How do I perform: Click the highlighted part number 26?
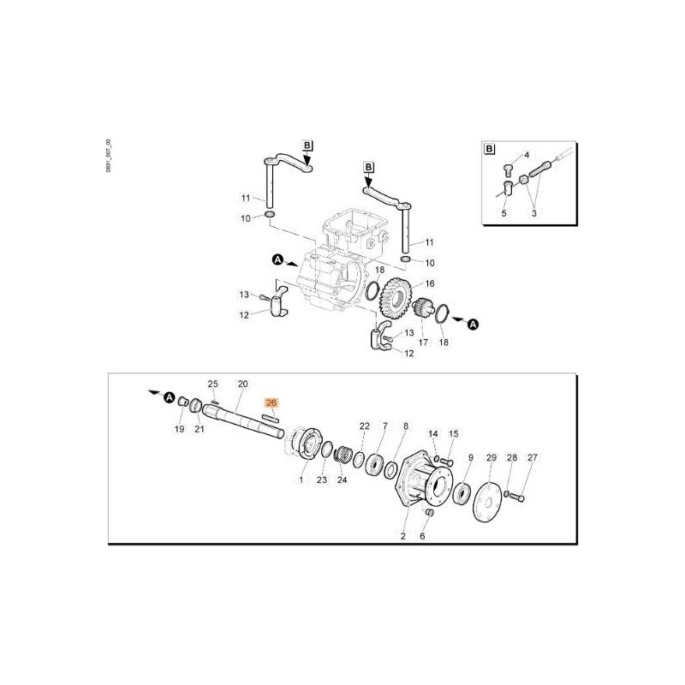pyautogui.click(x=271, y=402)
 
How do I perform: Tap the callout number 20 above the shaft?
pyautogui.click(x=242, y=384)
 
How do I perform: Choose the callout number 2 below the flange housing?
pyautogui.click(x=402, y=538)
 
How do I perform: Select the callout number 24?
pyautogui.click(x=342, y=480)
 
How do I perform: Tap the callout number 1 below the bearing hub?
pyautogui.click(x=301, y=481)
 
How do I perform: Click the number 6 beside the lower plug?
pyautogui.click(x=421, y=537)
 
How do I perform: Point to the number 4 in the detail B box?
pyautogui.click(x=527, y=157)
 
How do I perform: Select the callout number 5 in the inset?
pyautogui.click(x=504, y=212)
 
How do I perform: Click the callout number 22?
pyautogui.click(x=364, y=426)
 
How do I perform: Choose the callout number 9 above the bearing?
pyautogui.click(x=469, y=458)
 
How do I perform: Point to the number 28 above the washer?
pyautogui.click(x=511, y=458)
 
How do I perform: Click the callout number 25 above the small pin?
pyautogui.click(x=213, y=384)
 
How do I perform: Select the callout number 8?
pyautogui.click(x=406, y=426)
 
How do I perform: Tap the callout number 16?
pyautogui.click(x=429, y=283)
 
